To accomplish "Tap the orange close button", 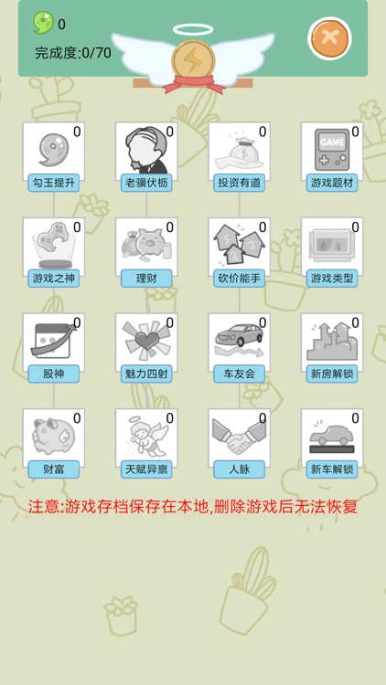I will click(x=328, y=39).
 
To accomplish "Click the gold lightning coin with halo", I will click(x=192, y=60).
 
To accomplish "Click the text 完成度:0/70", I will click(x=73, y=53).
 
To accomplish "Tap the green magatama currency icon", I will click(x=43, y=23).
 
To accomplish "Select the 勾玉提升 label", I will click(x=53, y=183).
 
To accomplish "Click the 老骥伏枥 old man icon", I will click(x=144, y=149).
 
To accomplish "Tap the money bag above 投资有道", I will click(x=237, y=149).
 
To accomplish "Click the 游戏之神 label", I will click(x=53, y=278).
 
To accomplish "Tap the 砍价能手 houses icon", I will click(x=237, y=244).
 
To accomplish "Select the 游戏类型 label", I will click(x=332, y=278).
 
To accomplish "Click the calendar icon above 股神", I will click(x=51, y=340).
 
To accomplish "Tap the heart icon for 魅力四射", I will click(x=144, y=340).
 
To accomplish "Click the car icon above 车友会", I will click(x=237, y=340).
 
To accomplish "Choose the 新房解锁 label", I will click(x=332, y=374).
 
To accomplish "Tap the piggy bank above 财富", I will click(x=51, y=435).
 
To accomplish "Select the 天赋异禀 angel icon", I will click(x=144, y=435).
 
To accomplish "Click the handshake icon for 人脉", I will click(x=237, y=437).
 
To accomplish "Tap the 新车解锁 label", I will click(x=332, y=469).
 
